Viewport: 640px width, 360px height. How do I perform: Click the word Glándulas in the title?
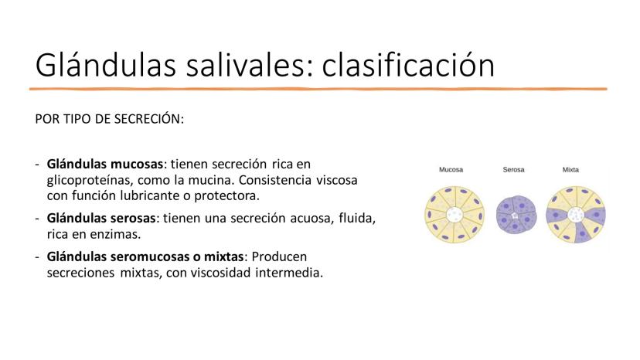106,66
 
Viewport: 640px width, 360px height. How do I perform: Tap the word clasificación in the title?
408,66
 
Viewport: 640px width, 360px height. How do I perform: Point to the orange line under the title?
318,89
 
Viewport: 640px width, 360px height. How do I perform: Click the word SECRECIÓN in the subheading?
149,119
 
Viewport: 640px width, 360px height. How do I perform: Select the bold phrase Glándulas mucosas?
105,164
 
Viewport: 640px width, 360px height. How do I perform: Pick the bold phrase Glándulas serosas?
101,219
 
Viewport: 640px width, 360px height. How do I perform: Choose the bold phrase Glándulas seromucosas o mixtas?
145,256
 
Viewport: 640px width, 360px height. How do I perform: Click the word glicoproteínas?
90,181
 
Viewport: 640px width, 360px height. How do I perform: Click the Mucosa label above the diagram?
451,169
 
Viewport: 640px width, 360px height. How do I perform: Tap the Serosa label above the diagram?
513,169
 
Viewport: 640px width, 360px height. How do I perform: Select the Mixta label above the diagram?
570,169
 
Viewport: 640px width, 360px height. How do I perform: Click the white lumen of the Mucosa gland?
454,214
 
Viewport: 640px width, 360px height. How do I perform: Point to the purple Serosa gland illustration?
516,215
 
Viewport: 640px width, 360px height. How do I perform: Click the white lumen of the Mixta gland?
576,214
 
